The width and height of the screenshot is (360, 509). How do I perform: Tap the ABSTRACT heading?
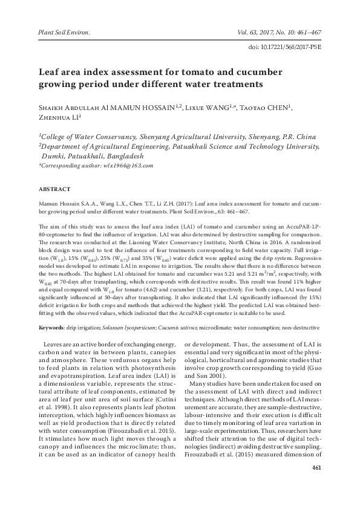click(x=54, y=189)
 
